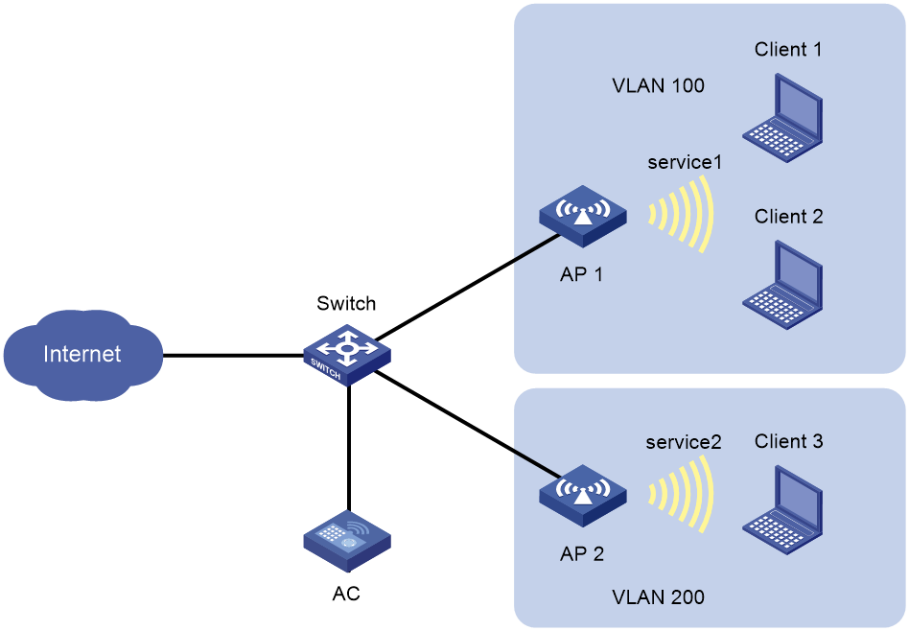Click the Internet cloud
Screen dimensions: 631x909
82,355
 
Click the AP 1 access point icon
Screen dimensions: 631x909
582,218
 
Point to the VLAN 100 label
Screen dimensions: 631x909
658,86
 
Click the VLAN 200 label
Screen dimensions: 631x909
658,597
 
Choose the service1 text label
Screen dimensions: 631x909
684,162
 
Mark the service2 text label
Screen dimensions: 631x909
683,442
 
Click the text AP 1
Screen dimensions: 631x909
582,274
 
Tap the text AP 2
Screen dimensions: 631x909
582,553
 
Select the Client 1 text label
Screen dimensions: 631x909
788,50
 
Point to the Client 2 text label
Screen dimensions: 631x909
788,217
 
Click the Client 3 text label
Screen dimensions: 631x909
788,442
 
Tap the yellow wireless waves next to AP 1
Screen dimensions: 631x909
684,213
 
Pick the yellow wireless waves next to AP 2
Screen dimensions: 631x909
684,493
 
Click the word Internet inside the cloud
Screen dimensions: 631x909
82,354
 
